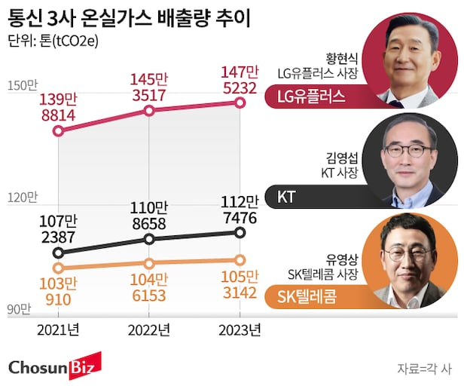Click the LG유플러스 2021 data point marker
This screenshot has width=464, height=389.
[59, 131]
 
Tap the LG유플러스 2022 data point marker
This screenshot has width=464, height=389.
[149, 110]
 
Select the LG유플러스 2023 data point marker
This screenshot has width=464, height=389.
[240, 103]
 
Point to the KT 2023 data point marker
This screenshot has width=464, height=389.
[240, 233]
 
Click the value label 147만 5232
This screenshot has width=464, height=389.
[240, 80]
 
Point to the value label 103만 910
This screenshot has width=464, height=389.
[59, 291]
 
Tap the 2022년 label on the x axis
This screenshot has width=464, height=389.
[149, 329]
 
